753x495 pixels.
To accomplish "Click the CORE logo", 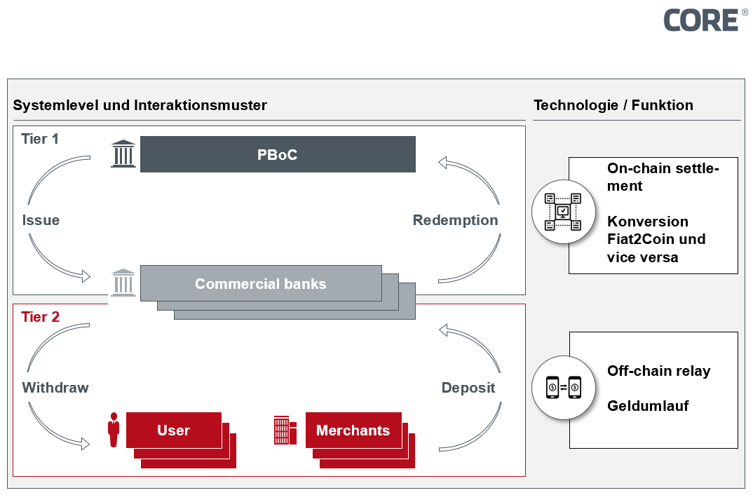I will pyautogui.click(x=700, y=20).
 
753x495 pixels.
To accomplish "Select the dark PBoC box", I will pyautogui.click(x=278, y=154).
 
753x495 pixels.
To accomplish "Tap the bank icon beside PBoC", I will pyautogui.click(x=123, y=154).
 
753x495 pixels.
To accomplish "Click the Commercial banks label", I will pyautogui.click(x=261, y=284).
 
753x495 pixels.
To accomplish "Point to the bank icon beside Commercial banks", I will pyautogui.click(x=123, y=283).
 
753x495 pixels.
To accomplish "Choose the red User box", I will pyautogui.click(x=174, y=430).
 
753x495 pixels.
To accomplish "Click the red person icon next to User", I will pyautogui.click(x=114, y=430).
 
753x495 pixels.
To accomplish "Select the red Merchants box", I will pyautogui.click(x=353, y=430).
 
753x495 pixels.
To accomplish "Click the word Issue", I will pyautogui.click(x=41, y=220).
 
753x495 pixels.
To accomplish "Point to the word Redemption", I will pyautogui.click(x=455, y=220).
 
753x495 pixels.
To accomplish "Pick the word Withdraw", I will pyautogui.click(x=55, y=388).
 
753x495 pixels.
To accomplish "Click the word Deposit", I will pyautogui.click(x=468, y=388).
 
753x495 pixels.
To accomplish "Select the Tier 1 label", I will pyautogui.click(x=40, y=139).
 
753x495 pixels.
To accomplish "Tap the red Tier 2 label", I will pyautogui.click(x=40, y=317).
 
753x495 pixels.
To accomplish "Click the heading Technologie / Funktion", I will pyautogui.click(x=613, y=105).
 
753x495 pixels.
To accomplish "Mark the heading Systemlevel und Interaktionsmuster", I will pyautogui.click(x=140, y=105).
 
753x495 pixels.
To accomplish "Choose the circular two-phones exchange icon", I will pyautogui.click(x=564, y=386).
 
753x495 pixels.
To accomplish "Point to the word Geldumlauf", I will pyautogui.click(x=648, y=406).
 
